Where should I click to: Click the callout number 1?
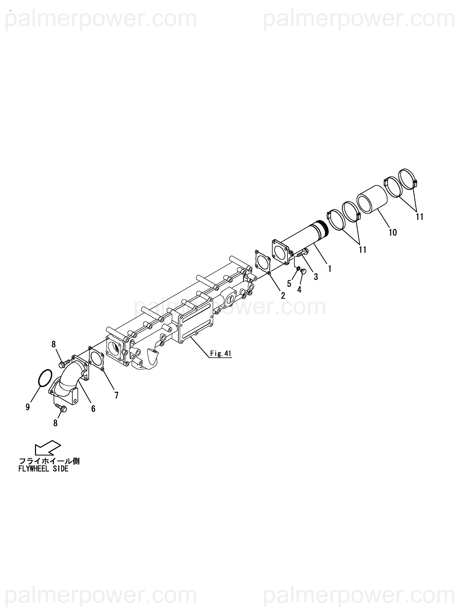click(x=329, y=268)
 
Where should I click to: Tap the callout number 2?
click(x=283, y=295)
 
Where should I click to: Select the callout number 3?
click(x=316, y=277)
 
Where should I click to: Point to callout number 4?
click(x=299, y=289)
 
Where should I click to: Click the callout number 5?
click(x=289, y=283)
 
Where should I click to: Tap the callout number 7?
click(x=116, y=395)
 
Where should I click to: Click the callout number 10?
click(x=393, y=232)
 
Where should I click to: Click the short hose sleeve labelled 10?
click(x=372, y=199)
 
